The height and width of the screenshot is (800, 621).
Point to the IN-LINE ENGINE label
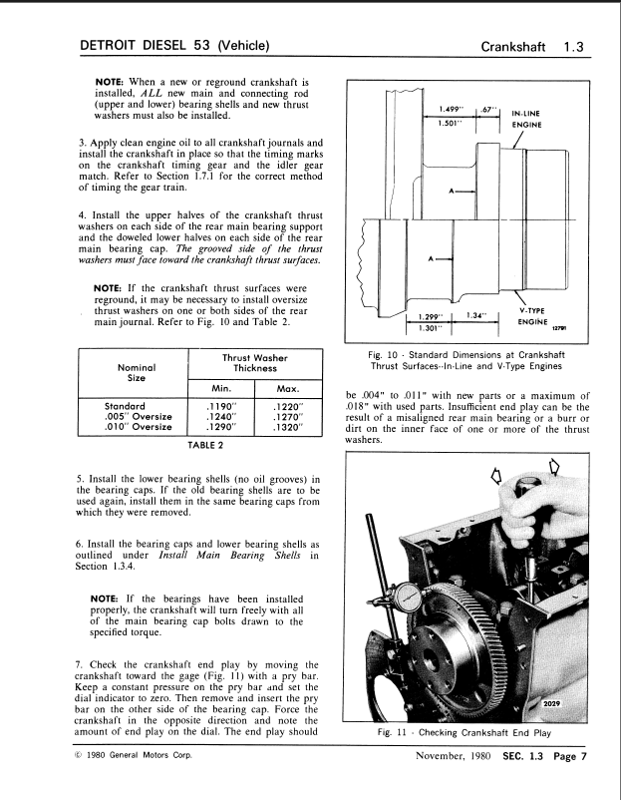coord(526,120)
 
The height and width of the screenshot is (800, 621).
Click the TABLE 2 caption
coord(206,448)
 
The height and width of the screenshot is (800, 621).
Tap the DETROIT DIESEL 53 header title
coord(176,45)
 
